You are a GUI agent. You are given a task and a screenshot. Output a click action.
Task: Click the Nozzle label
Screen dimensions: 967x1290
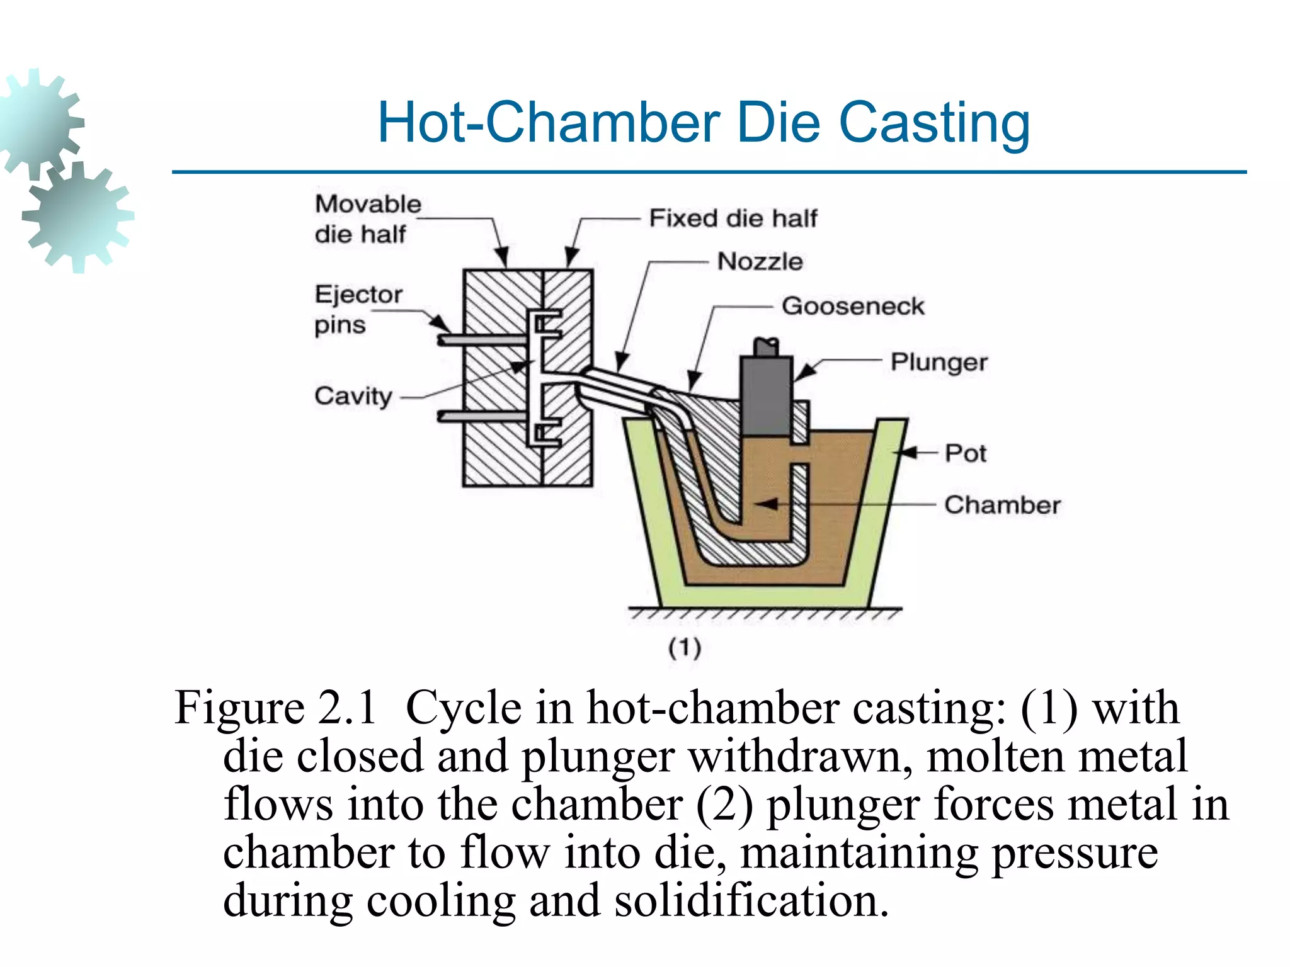pyautogui.click(x=760, y=261)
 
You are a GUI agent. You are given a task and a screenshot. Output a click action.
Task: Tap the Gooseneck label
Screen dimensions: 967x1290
pyautogui.click(x=853, y=306)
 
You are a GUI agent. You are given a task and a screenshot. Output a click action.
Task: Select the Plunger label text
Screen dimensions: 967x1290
pyautogui.click(x=939, y=362)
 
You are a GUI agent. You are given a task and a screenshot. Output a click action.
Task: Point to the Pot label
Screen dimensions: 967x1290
pyautogui.click(x=965, y=453)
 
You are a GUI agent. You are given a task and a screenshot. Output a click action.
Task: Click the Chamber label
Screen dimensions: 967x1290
pyautogui.click(x=1002, y=505)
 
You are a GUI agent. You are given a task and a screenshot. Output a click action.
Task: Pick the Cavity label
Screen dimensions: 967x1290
pyautogui.click(x=353, y=396)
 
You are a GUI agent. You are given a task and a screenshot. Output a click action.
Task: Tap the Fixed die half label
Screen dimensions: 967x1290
pyautogui.click(x=733, y=218)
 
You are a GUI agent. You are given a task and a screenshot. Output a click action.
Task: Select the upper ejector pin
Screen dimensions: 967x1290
pyautogui.click(x=482, y=340)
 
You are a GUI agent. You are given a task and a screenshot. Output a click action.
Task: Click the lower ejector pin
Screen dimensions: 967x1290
pyautogui.click(x=482, y=416)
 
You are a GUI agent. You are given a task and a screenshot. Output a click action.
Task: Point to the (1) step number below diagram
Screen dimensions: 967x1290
pyautogui.click(x=685, y=647)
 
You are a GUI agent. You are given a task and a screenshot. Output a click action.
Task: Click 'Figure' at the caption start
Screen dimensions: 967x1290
pyautogui.click(x=239, y=708)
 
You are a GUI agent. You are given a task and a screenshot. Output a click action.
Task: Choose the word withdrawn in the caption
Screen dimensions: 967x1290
pyautogui.click(x=801, y=755)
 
